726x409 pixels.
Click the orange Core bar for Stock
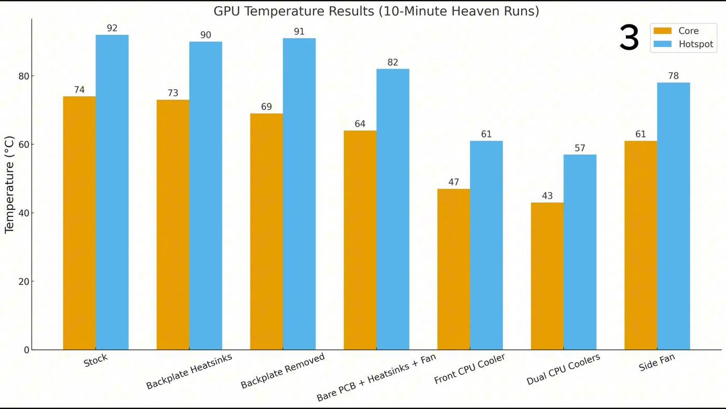pyautogui.click(x=79, y=223)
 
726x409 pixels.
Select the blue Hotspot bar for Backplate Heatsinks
pyautogui.click(x=205, y=196)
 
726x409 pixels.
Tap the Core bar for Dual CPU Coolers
pyautogui.click(x=547, y=276)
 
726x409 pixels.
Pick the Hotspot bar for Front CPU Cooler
pyautogui.click(x=486, y=246)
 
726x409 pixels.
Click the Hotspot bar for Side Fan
pyautogui.click(x=673, y=216)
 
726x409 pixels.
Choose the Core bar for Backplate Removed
pyautogui.click(x=267, y=231)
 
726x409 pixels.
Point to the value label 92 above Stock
pyautogui.click(x=112, y=29)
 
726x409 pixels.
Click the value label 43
pyautogui.click(x=547, y=196)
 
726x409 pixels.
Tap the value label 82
pyautogui.click(x=393, y=63)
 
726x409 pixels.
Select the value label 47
pyautogui.click(x=453, y=183)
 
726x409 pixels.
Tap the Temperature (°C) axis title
pyautogui.click(x=9, y=185)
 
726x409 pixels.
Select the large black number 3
pyautogui.click(x=629, y=38)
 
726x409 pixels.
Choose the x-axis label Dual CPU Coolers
pyautogui.click(x=564, y=370)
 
